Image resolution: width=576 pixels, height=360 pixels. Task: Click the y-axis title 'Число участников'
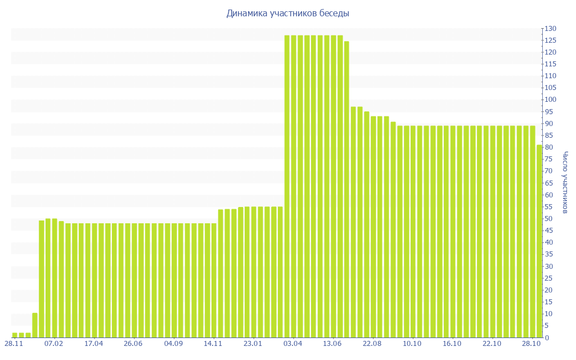pyautogui.click(x=565, y=182)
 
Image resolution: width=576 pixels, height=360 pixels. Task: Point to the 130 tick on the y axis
pyautogui.click(x=550, y=29)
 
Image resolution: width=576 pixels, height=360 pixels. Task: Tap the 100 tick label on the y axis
pyautogui.click(x=550, y=100)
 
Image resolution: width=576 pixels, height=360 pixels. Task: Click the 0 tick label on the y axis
pyautogui.click(x=546, y=337)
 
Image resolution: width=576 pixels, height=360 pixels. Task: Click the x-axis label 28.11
pyautogui.click(x=13, y=344)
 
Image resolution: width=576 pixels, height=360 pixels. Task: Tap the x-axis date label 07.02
pyautogui.click(x=54, y=344)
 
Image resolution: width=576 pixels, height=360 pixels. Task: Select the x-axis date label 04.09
pyautogui.click(x=173, y=344)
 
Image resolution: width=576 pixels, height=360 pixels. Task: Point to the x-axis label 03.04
pyautogui.click(x=293, y=344)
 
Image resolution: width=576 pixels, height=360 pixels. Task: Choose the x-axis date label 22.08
pyautogui.click(x=372, y=344)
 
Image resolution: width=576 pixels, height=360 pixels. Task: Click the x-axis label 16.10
pyautogui.click(x=452, y=344)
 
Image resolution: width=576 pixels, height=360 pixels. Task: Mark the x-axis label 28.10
pyautogui.click(x=532, y=344)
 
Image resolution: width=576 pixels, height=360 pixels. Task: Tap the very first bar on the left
pyautogui.click(x=15, y=335)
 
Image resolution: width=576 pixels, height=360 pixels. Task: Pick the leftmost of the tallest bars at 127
pyautogui.click(x=287, y=186)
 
